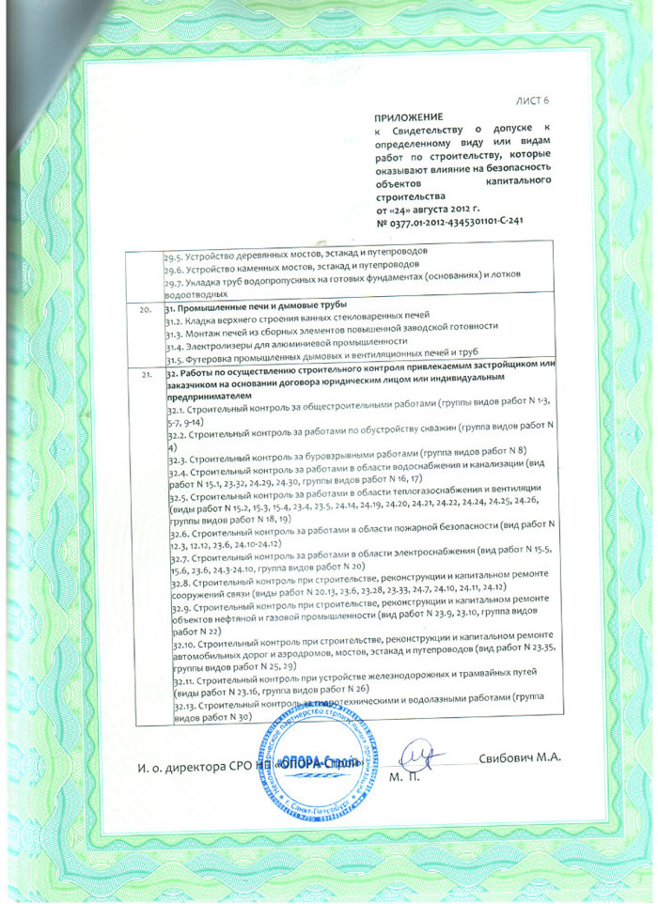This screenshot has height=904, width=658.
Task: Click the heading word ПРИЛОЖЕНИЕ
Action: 404,116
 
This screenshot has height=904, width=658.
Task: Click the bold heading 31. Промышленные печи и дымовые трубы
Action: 256,307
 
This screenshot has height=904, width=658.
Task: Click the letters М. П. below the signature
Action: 402,778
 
